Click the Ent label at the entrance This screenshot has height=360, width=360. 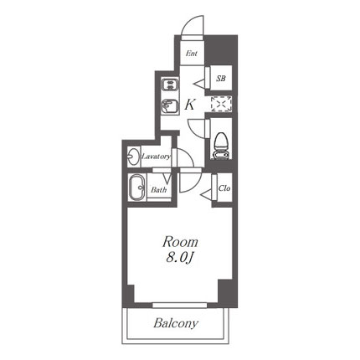[192, 53]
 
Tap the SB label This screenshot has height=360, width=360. [221, 79]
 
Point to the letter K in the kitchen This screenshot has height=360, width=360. [190, 105]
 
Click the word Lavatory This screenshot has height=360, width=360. [157, 157]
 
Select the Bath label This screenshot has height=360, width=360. [159, 190]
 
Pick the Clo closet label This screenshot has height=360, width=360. [224, 188]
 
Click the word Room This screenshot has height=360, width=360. [180, 242]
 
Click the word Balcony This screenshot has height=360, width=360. [176, 323]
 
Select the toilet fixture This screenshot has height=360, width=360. [222, 146]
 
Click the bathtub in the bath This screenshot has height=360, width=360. [136, 188]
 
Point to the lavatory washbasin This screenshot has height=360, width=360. [134, 157]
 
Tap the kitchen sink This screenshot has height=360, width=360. [170, 106]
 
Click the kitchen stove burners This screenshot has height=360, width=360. [170, 85]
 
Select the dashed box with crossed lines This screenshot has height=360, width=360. [221, 104]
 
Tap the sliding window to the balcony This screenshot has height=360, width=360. [180, 305]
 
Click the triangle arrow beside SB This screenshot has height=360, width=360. [200, 83]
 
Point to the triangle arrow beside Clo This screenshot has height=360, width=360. [207, 194]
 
